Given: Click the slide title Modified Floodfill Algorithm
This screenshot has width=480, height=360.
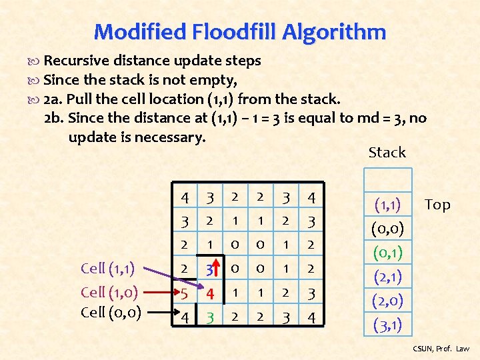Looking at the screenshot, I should click(x=240, y=31).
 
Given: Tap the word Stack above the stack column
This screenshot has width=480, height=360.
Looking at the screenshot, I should click(x=387, y=153).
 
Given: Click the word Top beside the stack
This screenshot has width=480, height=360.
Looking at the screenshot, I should click(x=437, y=205).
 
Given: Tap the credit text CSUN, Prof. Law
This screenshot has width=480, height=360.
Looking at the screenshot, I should click(x=441, y=349).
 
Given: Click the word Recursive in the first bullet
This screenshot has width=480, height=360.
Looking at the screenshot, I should click(x=73, y=61).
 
